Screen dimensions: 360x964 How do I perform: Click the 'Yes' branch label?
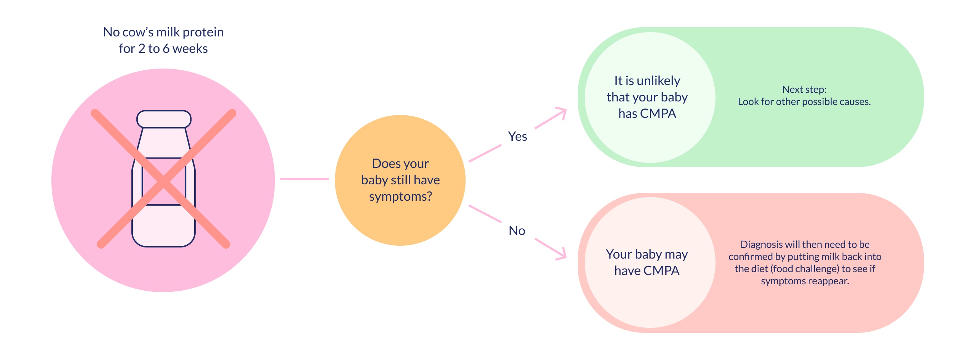[517, 136]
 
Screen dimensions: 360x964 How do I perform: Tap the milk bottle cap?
[164, 119]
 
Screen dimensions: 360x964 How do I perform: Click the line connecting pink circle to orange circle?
[304, 179]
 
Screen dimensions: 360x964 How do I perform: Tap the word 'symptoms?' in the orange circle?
[401, 196]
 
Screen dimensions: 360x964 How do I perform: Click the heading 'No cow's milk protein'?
[164, 32]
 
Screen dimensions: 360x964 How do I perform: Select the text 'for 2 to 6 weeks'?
[163, 49]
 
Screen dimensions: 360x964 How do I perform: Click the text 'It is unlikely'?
[647, 81]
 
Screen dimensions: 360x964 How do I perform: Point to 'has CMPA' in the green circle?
[647, 113]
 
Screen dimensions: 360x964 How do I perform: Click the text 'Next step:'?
[804, 89]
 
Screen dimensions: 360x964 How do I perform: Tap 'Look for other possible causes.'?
[804, 102]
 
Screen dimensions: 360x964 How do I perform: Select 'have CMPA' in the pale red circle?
[647, 271]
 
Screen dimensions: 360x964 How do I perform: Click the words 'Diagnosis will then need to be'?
[805, 244]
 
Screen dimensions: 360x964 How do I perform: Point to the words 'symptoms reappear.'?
[805, 281]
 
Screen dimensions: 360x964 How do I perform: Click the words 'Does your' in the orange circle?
[401, 164]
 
